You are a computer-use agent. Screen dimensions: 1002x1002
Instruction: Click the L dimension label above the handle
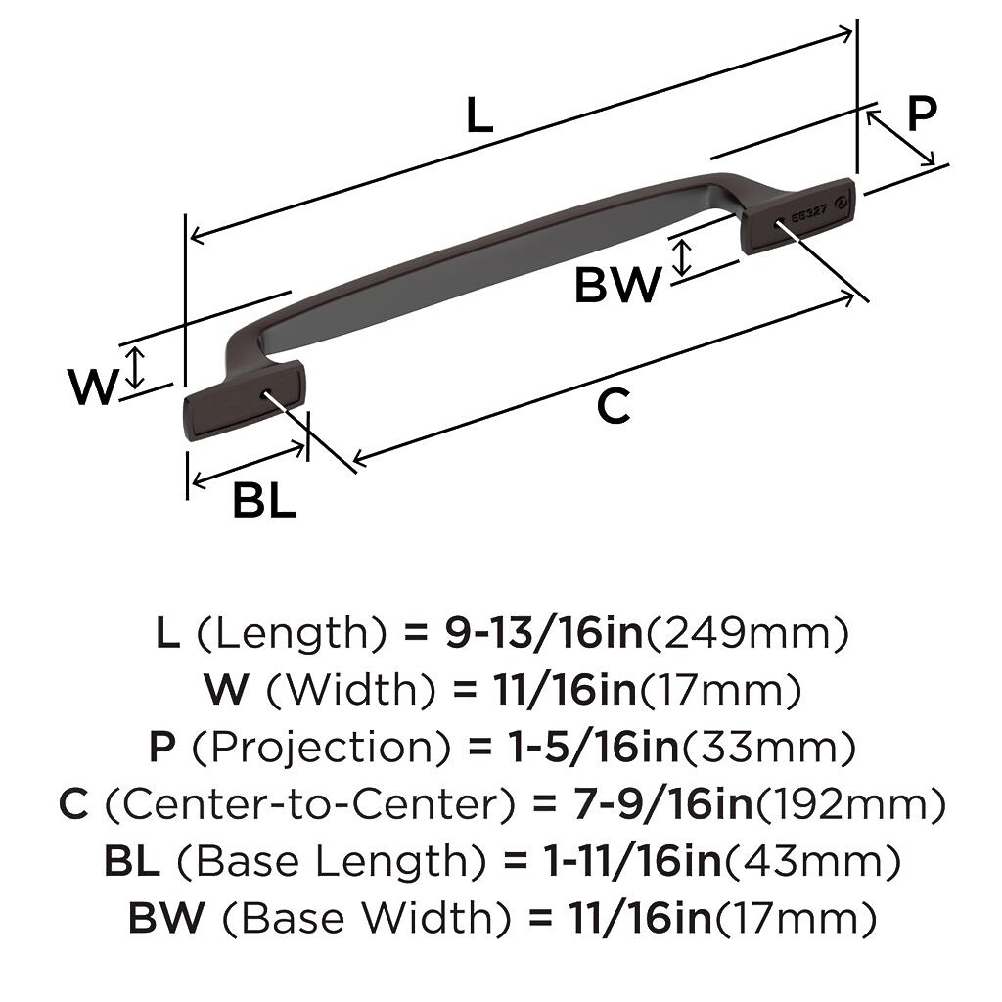(x=479, y=115)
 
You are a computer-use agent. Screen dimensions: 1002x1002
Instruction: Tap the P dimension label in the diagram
(x=922, y=114)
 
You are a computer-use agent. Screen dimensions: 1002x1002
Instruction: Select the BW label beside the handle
(x=617, y=285)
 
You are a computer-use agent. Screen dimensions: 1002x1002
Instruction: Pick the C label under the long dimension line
(x=614, y=406)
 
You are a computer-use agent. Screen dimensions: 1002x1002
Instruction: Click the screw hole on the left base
(x=268, y=392)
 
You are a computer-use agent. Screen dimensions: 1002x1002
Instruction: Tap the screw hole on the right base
(x=780, y=222)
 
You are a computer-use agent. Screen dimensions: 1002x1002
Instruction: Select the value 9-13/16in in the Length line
(x=543, y=633)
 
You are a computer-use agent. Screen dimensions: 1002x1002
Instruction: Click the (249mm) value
(x=747, y=633)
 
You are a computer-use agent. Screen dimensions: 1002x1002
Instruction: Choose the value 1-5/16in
(x=592, y=746)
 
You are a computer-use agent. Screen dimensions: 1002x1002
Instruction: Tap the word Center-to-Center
(x=310, y=804)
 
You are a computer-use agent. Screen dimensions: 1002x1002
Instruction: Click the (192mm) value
(x=850, y=804)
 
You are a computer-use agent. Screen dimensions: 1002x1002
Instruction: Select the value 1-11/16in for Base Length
(x=631, y=861)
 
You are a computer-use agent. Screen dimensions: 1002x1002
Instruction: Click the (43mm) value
(x=811, y=861)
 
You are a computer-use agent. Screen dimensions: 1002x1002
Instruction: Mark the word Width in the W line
(x=351, y=689)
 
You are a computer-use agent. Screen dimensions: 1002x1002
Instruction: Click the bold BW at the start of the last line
(x=166, y=918)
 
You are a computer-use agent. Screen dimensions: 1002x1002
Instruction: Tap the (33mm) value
(x=767, y=747)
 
